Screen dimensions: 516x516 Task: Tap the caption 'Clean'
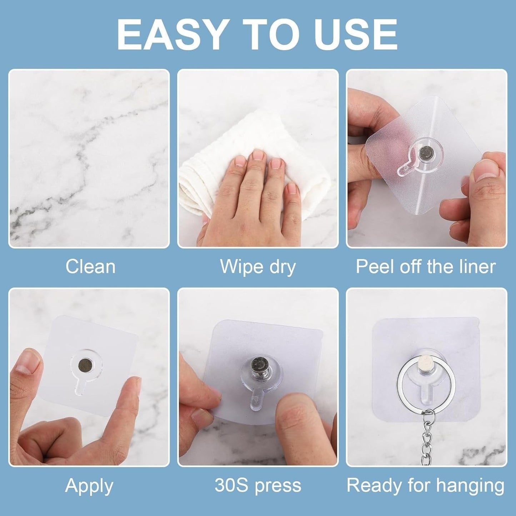pos(90,266)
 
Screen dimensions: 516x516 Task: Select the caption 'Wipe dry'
pos(258,266)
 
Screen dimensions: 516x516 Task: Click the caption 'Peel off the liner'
pos(426,266)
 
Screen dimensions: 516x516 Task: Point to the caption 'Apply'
pos(89,486)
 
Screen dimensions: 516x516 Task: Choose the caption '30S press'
pos(258,486)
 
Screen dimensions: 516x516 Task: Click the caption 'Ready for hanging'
pos(425,486)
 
